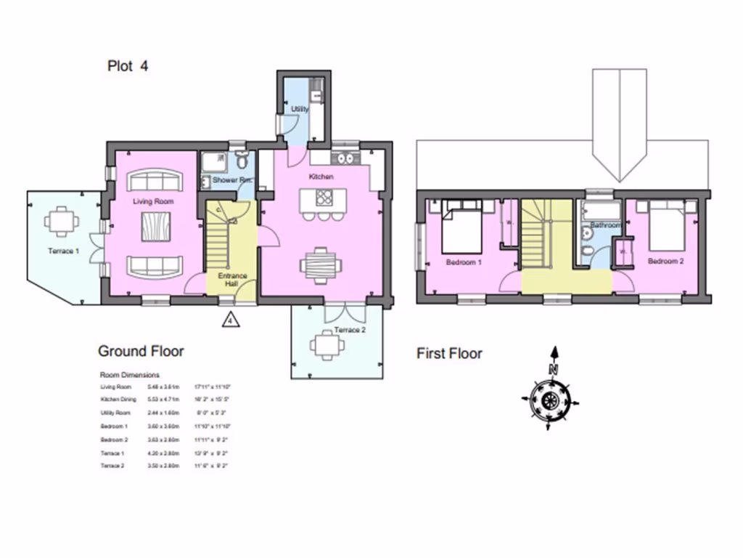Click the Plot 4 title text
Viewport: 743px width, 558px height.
point(128,66)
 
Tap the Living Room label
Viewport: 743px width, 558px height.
point(152,198)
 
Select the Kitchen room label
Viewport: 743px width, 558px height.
point(321,177)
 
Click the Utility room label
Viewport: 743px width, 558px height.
point(300,109)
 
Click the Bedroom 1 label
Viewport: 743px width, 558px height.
point(464,262)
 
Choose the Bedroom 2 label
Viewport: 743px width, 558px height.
point(666,261)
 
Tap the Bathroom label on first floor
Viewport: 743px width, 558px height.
point(606,226)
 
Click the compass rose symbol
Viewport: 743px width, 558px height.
point(549,398)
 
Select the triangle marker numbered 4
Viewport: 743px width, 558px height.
point(230,318)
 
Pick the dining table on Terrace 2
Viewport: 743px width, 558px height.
point(327,346)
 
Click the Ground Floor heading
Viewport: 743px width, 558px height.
point(141,352)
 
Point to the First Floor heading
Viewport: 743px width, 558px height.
point(449,354)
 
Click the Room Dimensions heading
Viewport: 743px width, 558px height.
point(129,375)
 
